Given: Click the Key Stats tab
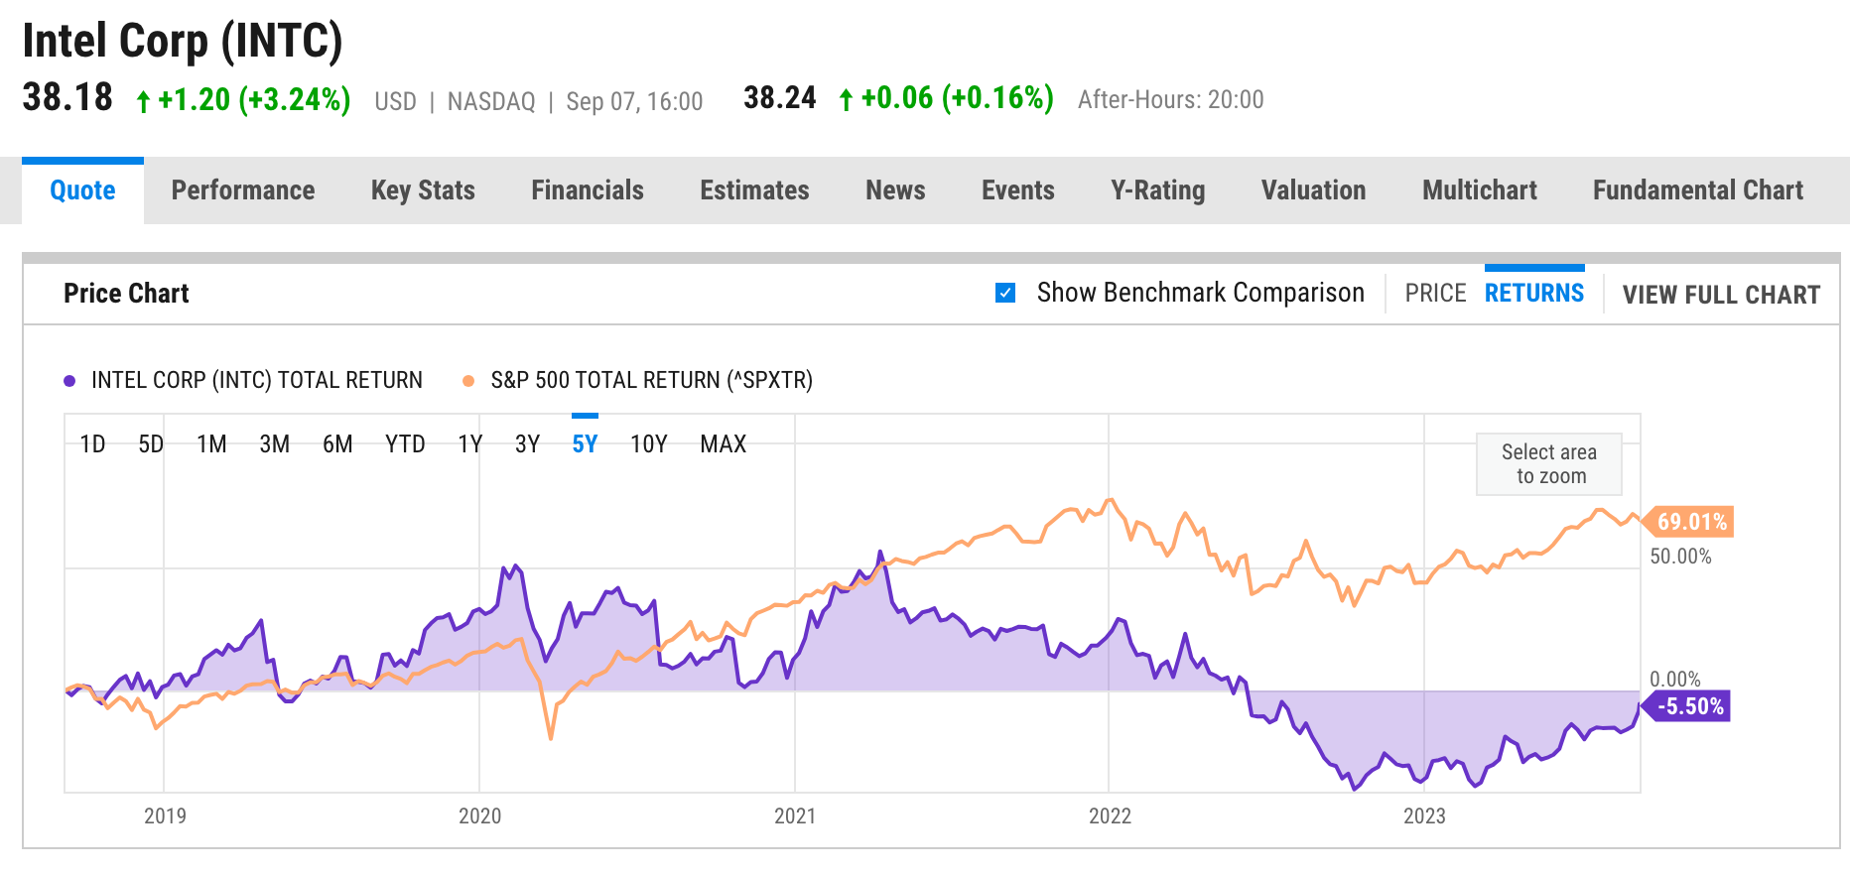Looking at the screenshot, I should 423,190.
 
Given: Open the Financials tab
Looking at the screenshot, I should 588,190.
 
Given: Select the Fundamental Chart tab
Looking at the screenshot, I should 1697,190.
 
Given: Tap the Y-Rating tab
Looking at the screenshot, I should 1157,190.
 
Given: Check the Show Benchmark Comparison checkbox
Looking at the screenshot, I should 1005,293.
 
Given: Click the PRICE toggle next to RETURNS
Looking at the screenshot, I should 1435,294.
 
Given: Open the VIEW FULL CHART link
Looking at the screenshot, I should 1721,295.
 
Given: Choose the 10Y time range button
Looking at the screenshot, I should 649,444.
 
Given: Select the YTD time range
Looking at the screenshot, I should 405,444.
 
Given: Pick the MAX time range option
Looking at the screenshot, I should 723,444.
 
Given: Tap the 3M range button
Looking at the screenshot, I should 275,444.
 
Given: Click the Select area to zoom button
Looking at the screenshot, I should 1548,464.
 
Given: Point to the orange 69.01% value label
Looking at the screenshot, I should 1691,522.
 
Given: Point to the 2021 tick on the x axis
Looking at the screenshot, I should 795,815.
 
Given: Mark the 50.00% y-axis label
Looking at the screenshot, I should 1680,557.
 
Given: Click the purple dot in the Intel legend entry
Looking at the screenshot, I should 69,381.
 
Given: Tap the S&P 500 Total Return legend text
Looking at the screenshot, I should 651,381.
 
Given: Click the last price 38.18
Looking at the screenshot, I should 67,98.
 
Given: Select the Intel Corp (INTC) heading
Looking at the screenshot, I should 183,42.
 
